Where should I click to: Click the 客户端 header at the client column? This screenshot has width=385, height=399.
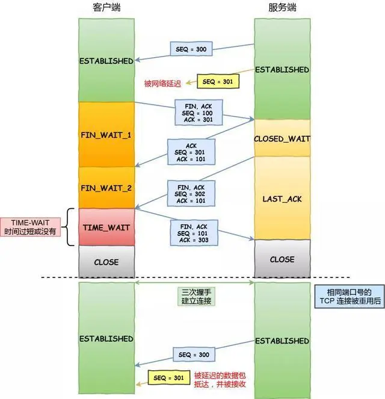[x=106, y=8]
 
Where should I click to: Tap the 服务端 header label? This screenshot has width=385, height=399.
[x=282, y=8]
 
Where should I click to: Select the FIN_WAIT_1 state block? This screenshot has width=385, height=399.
[x=106, y=134]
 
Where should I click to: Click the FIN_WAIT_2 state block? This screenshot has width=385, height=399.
[x=106, y=188]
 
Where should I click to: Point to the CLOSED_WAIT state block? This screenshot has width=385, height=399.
[x=282, y=138]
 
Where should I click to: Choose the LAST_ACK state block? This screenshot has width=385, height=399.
[x=282, y=198]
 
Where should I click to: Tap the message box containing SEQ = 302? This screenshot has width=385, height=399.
[x=191, y=194]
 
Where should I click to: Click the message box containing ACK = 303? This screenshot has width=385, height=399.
[x=193, y=233]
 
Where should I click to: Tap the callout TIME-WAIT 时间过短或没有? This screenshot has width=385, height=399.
[x=32, y=227]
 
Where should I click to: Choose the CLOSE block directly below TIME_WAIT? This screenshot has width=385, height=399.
[x=106, y=262]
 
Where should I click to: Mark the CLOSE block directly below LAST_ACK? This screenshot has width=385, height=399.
[x=282, y=259]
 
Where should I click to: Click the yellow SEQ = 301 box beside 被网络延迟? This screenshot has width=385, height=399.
[x=217, y=81]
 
